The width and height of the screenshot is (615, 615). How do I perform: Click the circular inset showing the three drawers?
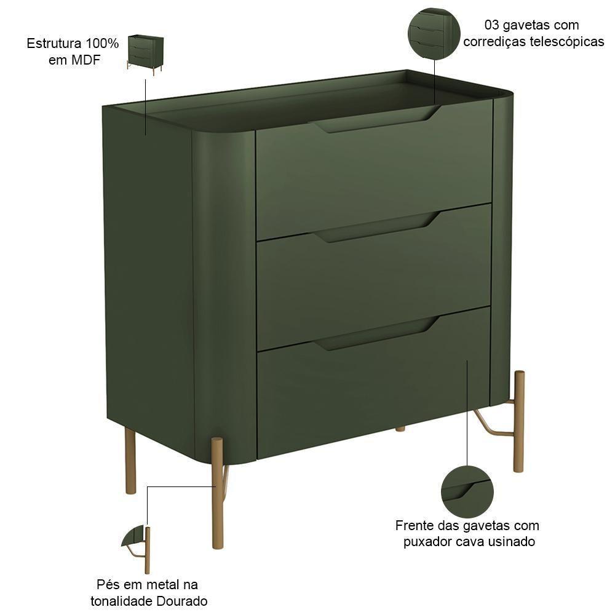point(434,34)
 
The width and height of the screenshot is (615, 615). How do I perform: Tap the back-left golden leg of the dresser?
point(130,461)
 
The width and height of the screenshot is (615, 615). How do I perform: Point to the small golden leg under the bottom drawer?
point(400,429)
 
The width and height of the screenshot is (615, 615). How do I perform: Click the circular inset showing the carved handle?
point(467,492)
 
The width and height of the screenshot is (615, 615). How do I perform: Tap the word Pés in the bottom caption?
point(108,584)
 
